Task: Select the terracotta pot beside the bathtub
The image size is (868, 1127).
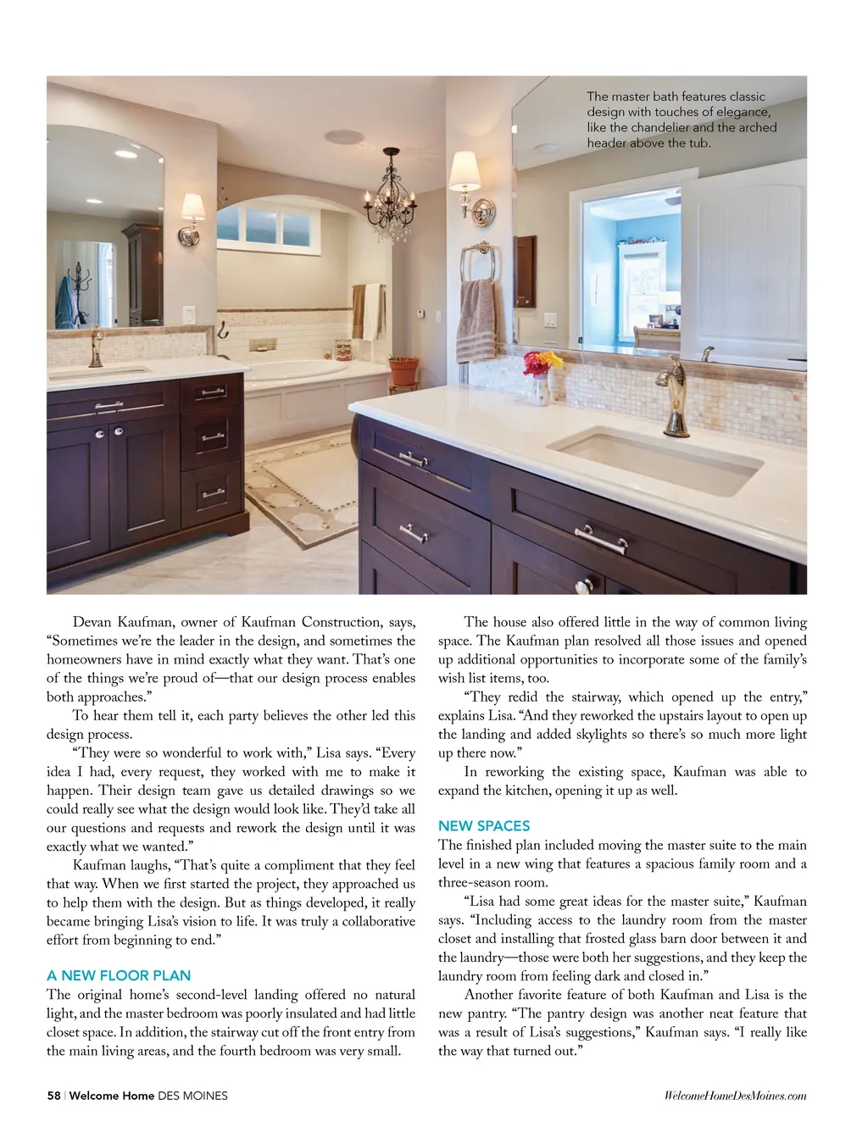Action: coord(403,370)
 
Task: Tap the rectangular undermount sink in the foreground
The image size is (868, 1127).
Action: coord(656,458)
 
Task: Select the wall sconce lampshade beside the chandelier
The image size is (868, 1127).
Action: coord(465,172)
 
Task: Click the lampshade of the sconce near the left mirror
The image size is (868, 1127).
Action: coord(193,207)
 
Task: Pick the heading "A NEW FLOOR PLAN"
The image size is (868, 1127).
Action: coord(119,975)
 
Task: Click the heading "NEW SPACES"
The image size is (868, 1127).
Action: coord(484,825)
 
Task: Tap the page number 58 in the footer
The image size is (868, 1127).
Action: coord(53,1095)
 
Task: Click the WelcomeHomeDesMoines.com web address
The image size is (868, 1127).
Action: coord(735,1095)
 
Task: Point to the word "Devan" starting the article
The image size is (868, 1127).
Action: coord(92,622)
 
